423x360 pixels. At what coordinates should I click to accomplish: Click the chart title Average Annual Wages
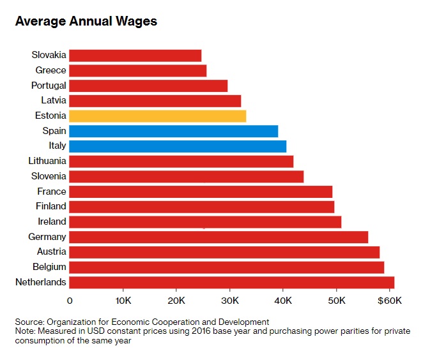point(86,22)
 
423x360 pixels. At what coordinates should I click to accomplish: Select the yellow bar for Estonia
point(157,116)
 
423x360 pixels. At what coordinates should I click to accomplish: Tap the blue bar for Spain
point(173,131)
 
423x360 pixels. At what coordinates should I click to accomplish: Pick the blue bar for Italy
point(177,146)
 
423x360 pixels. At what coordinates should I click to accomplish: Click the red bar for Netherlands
point(231,282)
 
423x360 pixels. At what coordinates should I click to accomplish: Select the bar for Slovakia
point(135,56)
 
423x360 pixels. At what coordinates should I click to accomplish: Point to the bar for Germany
point(218,237)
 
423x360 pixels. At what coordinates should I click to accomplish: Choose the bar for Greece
point(137,70)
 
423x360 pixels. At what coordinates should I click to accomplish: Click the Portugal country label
point(49,86)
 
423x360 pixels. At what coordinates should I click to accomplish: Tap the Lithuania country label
point(47,161)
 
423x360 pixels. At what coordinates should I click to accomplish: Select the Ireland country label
point(51,221)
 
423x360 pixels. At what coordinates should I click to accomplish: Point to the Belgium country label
point(49,267)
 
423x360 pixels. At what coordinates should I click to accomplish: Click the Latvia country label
point(52,100)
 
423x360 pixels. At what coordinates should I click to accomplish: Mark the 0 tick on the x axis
point(70,299)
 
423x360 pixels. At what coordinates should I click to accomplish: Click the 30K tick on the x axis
point(229,299)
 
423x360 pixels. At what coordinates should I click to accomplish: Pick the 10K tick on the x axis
point(123,299)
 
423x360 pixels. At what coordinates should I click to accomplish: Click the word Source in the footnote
point(29,322)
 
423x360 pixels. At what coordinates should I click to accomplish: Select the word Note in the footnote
point(26,331)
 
